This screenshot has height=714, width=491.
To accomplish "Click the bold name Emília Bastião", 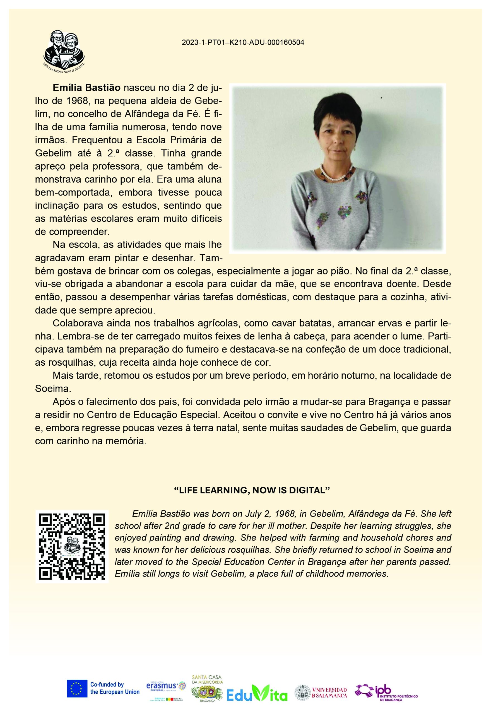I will (86, 88).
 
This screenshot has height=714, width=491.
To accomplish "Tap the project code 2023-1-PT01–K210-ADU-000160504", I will (243, 43).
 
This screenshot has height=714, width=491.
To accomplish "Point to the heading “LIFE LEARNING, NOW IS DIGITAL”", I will (252, 490).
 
